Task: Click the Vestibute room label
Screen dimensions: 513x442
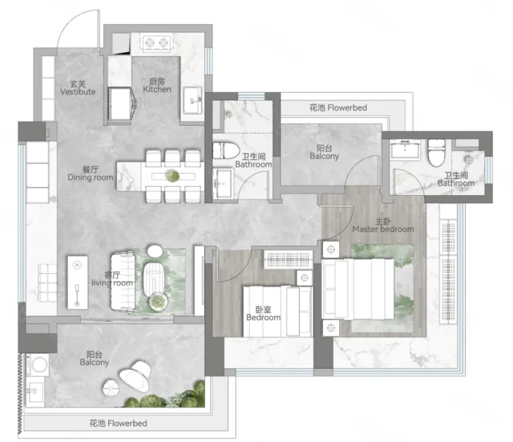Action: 78,88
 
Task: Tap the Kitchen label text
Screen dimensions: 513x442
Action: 157,85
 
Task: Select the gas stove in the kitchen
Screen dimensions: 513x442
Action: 156,43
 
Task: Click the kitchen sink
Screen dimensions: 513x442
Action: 192,100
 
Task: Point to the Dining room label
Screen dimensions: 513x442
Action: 91,174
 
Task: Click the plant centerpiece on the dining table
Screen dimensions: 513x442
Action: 172,176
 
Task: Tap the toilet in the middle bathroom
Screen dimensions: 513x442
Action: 226,150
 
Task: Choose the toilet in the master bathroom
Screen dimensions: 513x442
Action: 436,152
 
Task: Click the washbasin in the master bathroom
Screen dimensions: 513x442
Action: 405,150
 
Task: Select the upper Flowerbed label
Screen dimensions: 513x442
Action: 338,108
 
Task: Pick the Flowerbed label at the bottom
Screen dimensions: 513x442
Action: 119,424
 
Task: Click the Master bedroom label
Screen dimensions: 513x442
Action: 383,225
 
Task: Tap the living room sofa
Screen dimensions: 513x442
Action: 123,282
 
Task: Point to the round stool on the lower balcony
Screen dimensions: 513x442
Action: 111,387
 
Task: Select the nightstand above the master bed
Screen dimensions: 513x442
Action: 331,250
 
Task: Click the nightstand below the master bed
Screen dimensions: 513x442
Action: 331,328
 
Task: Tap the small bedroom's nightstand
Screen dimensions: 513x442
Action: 304,278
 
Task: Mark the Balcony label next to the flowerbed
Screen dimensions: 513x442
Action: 324,152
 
